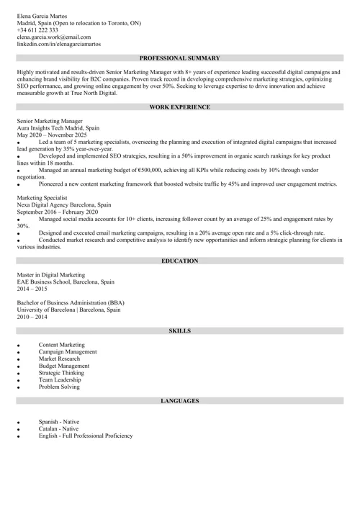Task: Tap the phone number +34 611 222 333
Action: pos(37,30)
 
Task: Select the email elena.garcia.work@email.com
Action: pos(54,37)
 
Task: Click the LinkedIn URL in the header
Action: pos(59,44)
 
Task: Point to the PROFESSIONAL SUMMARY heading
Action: pos(179,57)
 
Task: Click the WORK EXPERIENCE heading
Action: pos(179,107)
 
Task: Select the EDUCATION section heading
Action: pos(179,260)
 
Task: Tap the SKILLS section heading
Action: pos(179,330)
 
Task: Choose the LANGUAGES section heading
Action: pos(179,400)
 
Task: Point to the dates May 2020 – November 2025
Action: pos(52,135)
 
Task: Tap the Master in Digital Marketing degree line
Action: pos(50,274)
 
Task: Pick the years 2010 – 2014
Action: pos(32,316)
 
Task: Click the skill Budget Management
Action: pos(64,366)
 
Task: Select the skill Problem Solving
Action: pos(59,387)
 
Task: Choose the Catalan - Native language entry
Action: pos(59,428)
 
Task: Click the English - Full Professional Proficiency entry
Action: pos(86,436)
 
